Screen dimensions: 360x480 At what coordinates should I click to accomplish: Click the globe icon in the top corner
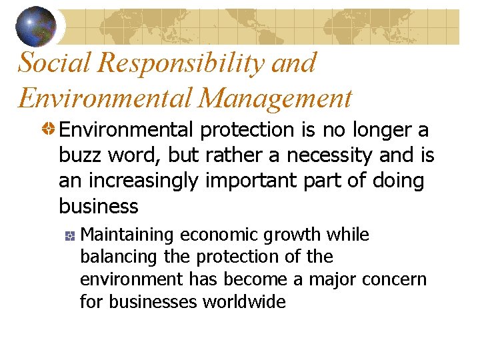(36, 25)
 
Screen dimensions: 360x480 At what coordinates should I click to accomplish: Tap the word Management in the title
(275, 98)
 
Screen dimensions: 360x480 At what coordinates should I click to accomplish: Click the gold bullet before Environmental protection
(49, 129)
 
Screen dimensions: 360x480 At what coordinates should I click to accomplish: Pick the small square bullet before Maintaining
(69, 235)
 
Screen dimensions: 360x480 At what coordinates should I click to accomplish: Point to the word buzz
(79, 155)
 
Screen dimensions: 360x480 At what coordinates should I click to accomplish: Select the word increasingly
(145, 181)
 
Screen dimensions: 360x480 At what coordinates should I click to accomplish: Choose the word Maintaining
(127, 235)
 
